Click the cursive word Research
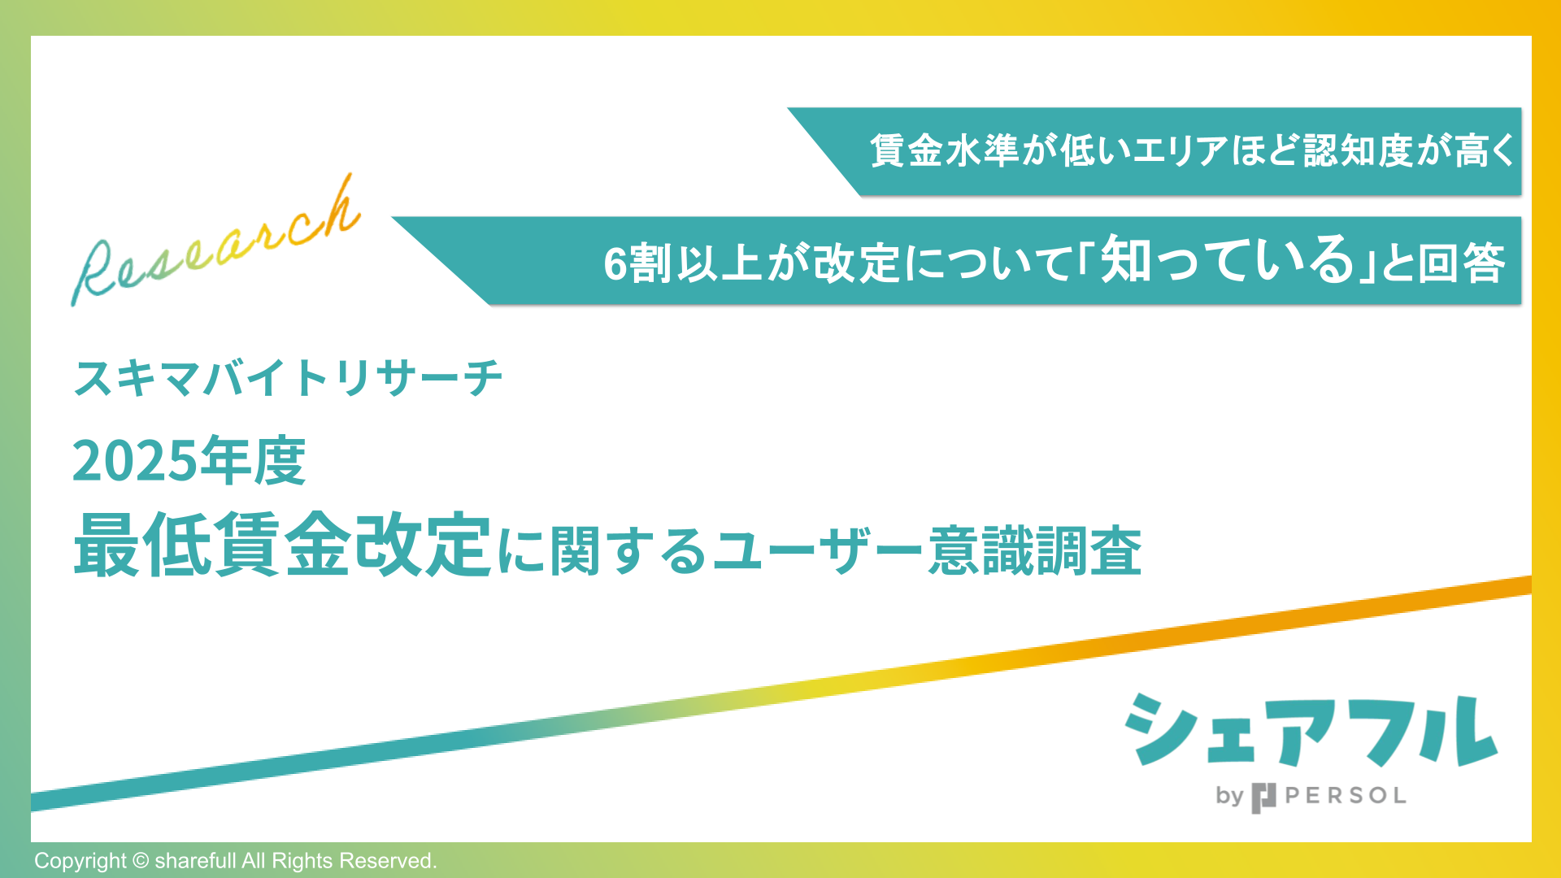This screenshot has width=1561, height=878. click(x=215, y=244)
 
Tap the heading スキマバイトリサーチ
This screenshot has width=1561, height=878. click(x=288, y=378)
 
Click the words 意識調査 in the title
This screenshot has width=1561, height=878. click(x=1035, y=551)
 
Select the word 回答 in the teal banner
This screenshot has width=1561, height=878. click(x=1461, y=264)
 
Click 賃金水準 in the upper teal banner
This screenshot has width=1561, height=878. click(x=944, y=151)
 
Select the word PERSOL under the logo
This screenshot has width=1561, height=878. click(x=1346, y=796)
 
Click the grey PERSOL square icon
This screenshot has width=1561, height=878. click(x=1263, y=798)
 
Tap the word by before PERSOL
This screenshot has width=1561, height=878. click(x=1229, y=796)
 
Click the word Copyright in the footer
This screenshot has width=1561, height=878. click(x=80, y=861)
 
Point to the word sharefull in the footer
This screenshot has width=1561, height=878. click(x=195, y=861)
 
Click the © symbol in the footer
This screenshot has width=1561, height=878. click(x=141, y=861)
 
